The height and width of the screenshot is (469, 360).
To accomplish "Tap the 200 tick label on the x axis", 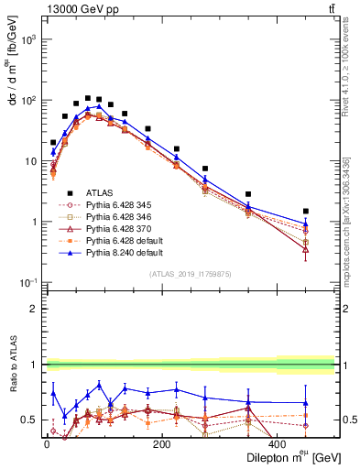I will [162, 444].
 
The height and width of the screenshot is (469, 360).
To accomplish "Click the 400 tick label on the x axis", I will [278, 444].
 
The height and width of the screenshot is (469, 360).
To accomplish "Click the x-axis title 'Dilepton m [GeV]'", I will [283, 457].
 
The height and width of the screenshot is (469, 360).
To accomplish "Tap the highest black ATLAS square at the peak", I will [88, 98].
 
